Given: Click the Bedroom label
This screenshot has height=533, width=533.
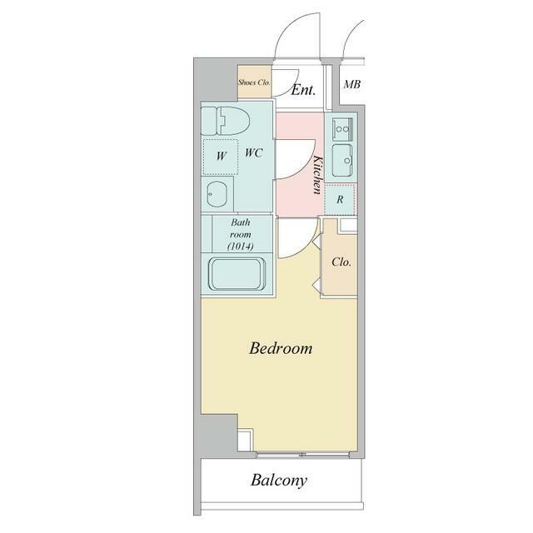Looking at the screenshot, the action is [281, 348].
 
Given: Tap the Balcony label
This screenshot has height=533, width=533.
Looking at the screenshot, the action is [279, 481].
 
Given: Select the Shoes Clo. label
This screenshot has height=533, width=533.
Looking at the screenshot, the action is [254, 82].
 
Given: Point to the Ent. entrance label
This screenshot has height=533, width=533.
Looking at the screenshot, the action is [303, 90].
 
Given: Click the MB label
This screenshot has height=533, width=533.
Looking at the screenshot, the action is [351, 84].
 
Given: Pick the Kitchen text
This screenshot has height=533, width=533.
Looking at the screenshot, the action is [317, 175].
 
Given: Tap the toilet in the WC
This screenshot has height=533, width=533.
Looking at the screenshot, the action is [226, 121].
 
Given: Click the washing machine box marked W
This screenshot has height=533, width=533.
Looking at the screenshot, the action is [220, 157].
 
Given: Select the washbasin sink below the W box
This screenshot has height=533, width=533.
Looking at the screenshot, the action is [217, 194].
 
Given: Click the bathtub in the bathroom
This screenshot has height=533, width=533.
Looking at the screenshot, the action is [237, 274].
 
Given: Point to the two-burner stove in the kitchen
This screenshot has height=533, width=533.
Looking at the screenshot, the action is [342, 129].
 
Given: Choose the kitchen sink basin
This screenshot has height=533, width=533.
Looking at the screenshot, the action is [342, 160].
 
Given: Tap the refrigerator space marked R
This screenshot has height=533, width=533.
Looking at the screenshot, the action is [340, 200].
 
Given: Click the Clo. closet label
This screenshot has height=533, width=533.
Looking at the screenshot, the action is [341, 262].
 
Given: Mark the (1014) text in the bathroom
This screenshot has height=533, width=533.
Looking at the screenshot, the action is [241, 247].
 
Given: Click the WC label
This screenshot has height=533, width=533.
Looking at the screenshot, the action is [254, 153].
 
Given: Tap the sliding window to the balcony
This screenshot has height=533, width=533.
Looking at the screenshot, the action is [302, 455].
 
